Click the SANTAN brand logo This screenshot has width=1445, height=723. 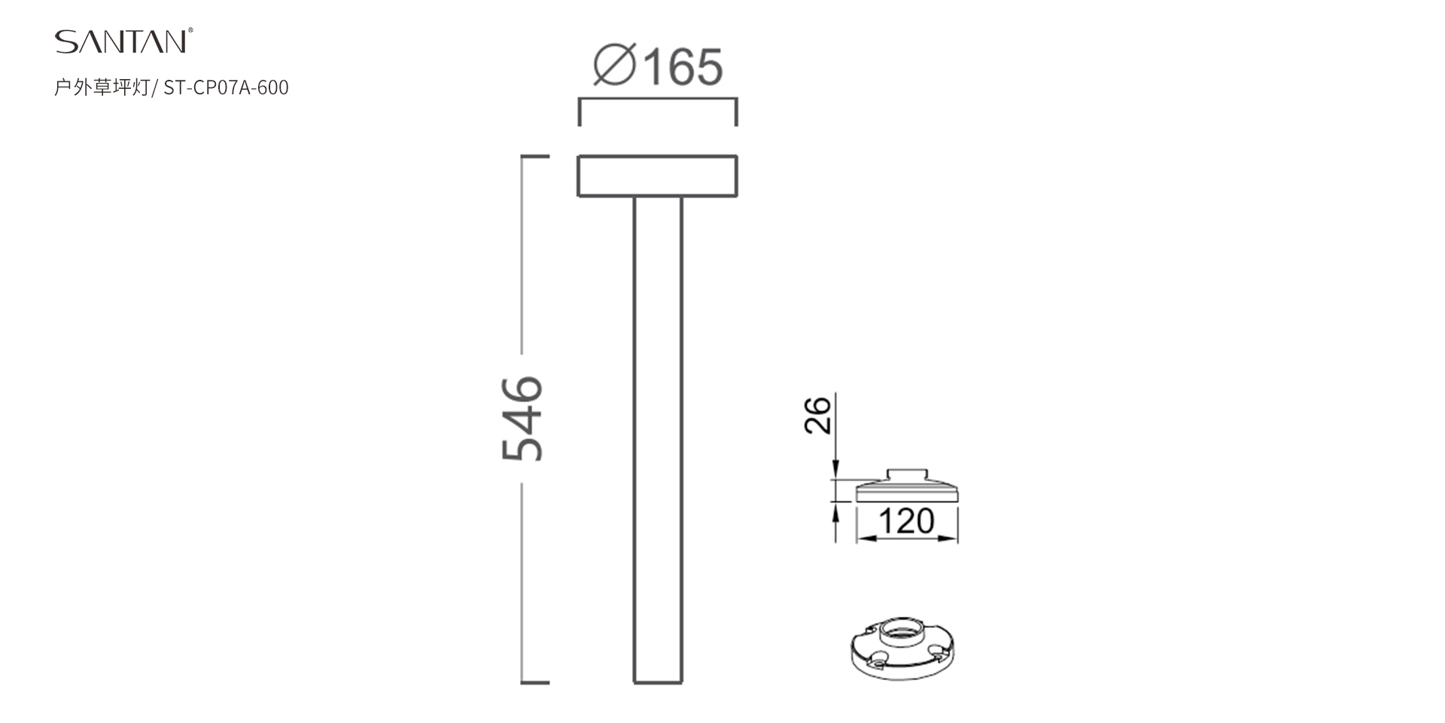123,41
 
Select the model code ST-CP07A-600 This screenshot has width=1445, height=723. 226,87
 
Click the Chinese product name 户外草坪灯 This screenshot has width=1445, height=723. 102,87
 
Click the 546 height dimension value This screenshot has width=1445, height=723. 522,418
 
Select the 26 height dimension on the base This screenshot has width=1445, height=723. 817,415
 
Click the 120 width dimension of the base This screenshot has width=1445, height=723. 906,521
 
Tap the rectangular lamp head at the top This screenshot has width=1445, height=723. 657,175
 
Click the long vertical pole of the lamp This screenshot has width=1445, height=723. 658,440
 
